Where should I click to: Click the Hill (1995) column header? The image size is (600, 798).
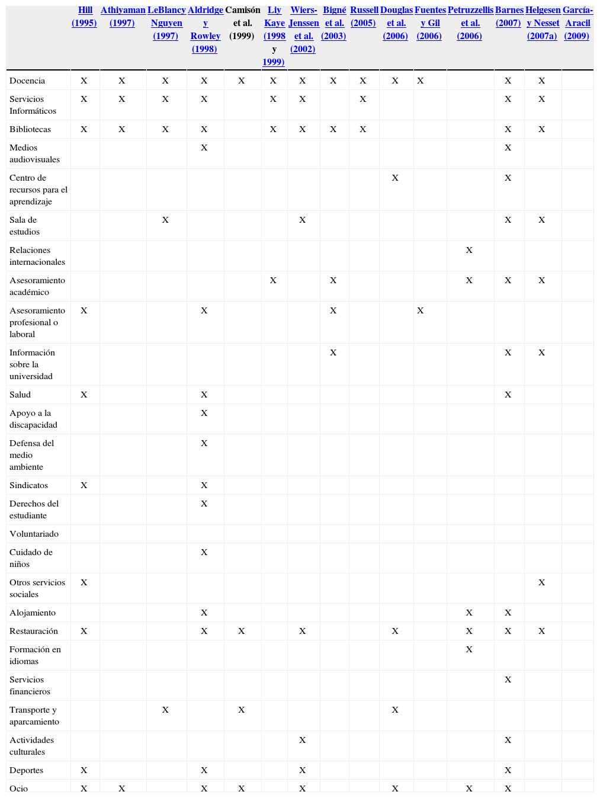click(84, 17)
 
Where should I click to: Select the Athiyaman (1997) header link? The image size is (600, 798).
click(123, 17)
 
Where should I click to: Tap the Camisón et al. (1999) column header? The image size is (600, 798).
click(242, 23)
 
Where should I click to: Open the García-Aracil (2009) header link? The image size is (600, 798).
click(577, 23)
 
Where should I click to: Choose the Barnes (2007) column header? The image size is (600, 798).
click(509, 17)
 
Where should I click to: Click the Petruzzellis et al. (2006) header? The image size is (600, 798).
click(470, 23)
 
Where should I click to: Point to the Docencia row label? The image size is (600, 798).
click(27, 81)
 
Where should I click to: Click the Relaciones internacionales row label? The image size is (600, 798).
click(37, 256)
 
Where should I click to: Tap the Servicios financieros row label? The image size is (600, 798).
click(30, 685)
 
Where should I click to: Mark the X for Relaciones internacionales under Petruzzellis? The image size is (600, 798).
click(469, 250)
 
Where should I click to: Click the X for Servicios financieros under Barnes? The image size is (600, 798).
click(508, 680)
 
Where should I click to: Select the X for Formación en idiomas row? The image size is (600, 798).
click(469, 649)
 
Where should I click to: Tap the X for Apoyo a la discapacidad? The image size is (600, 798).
click(204, 413)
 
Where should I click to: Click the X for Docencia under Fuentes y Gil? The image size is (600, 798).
click(420, 81)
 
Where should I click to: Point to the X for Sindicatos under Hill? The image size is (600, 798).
click(84, 485)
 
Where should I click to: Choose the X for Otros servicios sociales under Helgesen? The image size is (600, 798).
click(541, 582)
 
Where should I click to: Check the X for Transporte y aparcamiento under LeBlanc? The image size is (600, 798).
click(165, 710)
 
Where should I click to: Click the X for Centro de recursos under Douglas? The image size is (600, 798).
click(395, 178)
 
